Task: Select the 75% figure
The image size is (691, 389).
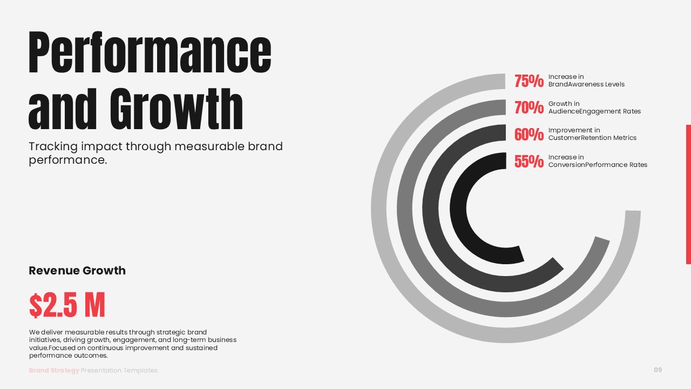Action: click(529, 81)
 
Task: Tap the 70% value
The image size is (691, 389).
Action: click(529, 108)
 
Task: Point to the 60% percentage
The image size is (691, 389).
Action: click(529, 135)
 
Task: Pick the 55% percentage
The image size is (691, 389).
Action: click(529, 161)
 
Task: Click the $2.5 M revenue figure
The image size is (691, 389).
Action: click(67, 305)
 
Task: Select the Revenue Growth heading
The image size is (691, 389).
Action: click(77, 271)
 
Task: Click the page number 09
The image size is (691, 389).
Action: click(658, 370)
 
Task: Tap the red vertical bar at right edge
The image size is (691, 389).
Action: click(688, 194)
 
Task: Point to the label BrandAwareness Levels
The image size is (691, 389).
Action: click(586, 84)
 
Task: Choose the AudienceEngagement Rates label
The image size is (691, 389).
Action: click(594, 111)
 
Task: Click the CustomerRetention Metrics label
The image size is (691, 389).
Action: click(592, 138)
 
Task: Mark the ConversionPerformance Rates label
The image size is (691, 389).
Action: click(598, 165)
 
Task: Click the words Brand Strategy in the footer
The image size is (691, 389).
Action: click(54, 371)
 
